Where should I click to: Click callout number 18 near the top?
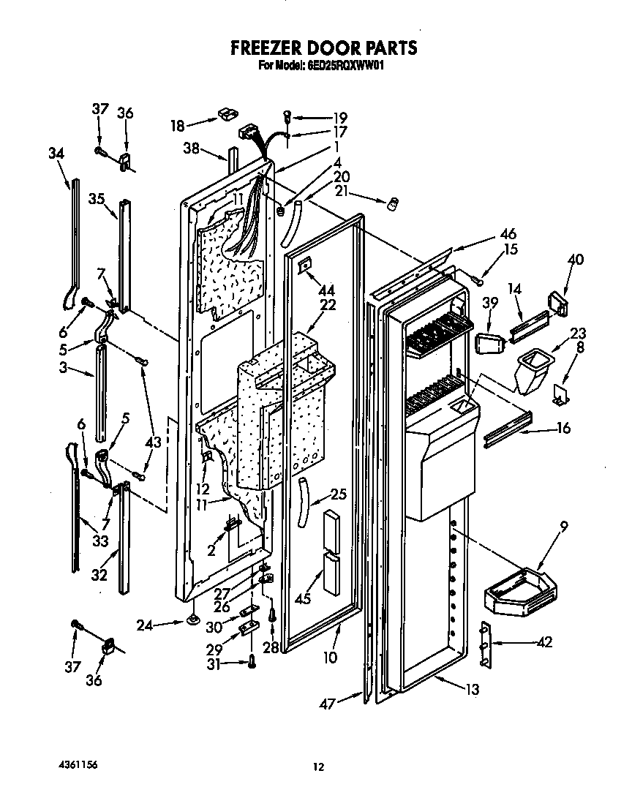point(178,126)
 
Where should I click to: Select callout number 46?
point(508,234)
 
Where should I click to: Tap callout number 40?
point(576,258)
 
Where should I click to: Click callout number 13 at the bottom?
point(473,688)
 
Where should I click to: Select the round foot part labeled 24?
point(194,622)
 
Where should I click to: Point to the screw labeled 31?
point(252,661)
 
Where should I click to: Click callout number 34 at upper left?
point(56,154)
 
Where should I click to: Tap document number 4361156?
point(76,764)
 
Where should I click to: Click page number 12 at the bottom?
point(317,767)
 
